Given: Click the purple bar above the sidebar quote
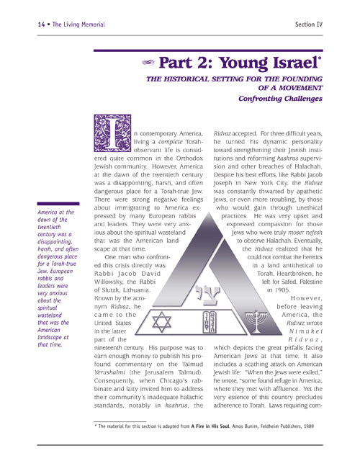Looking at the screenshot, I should [x=59, y=205].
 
